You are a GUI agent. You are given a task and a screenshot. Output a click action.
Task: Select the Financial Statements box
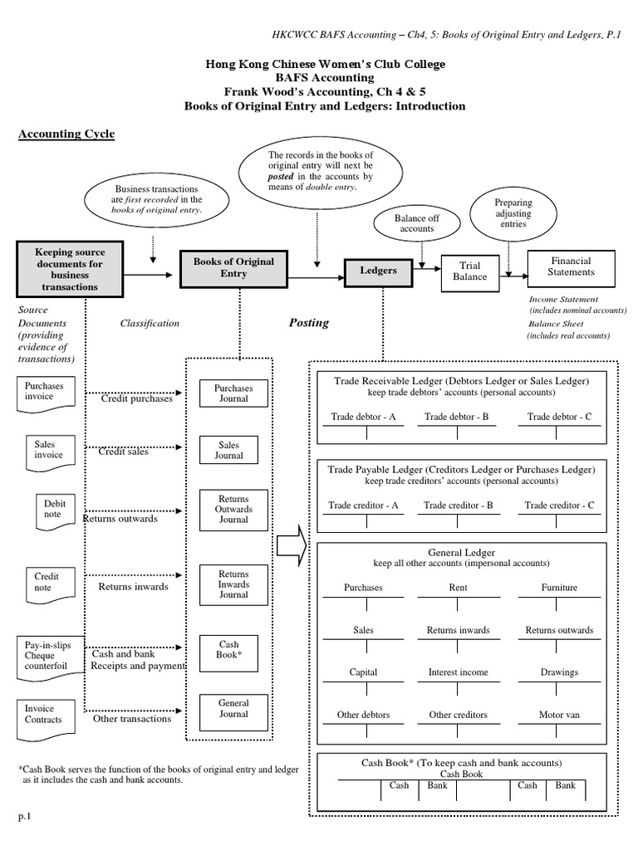point(571,266)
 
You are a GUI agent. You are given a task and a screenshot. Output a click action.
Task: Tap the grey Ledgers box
point(378,271)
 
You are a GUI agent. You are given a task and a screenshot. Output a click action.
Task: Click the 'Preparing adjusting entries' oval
point(513,213)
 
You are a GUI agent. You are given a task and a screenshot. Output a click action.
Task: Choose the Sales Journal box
point(229,450)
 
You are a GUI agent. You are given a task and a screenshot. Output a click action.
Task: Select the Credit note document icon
point(47,582)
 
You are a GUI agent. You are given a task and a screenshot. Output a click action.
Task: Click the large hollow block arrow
point(291,547)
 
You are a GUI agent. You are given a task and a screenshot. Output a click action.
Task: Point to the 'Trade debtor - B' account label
point(456,417)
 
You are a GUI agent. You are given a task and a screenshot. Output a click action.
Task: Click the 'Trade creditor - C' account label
point(559,505)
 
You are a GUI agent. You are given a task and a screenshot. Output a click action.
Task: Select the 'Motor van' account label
point(559,715)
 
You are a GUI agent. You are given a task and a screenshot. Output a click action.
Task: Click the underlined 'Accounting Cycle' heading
point(66,134)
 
